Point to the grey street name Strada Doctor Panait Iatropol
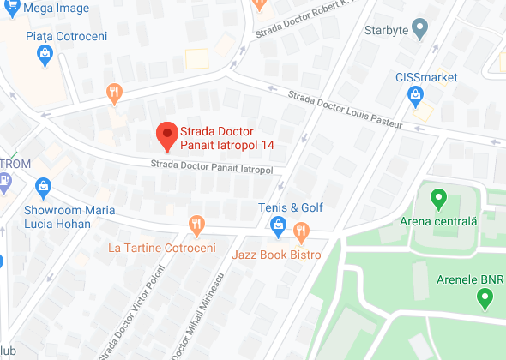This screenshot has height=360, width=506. pos(211,166)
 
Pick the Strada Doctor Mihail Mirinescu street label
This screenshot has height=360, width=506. pos(198,317)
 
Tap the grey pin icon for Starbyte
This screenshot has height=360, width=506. pos(419,29)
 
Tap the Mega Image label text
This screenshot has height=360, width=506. pos(36,8)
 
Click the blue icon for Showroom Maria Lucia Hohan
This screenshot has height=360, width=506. pos(44,184)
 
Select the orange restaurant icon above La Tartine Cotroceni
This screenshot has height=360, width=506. pos(196,225)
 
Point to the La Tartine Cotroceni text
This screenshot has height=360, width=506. pos(162,248)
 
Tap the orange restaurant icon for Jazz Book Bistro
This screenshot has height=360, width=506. pos(301,231)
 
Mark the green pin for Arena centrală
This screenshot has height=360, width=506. pos(438,201)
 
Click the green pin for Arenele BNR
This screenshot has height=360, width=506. pos(484,298)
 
